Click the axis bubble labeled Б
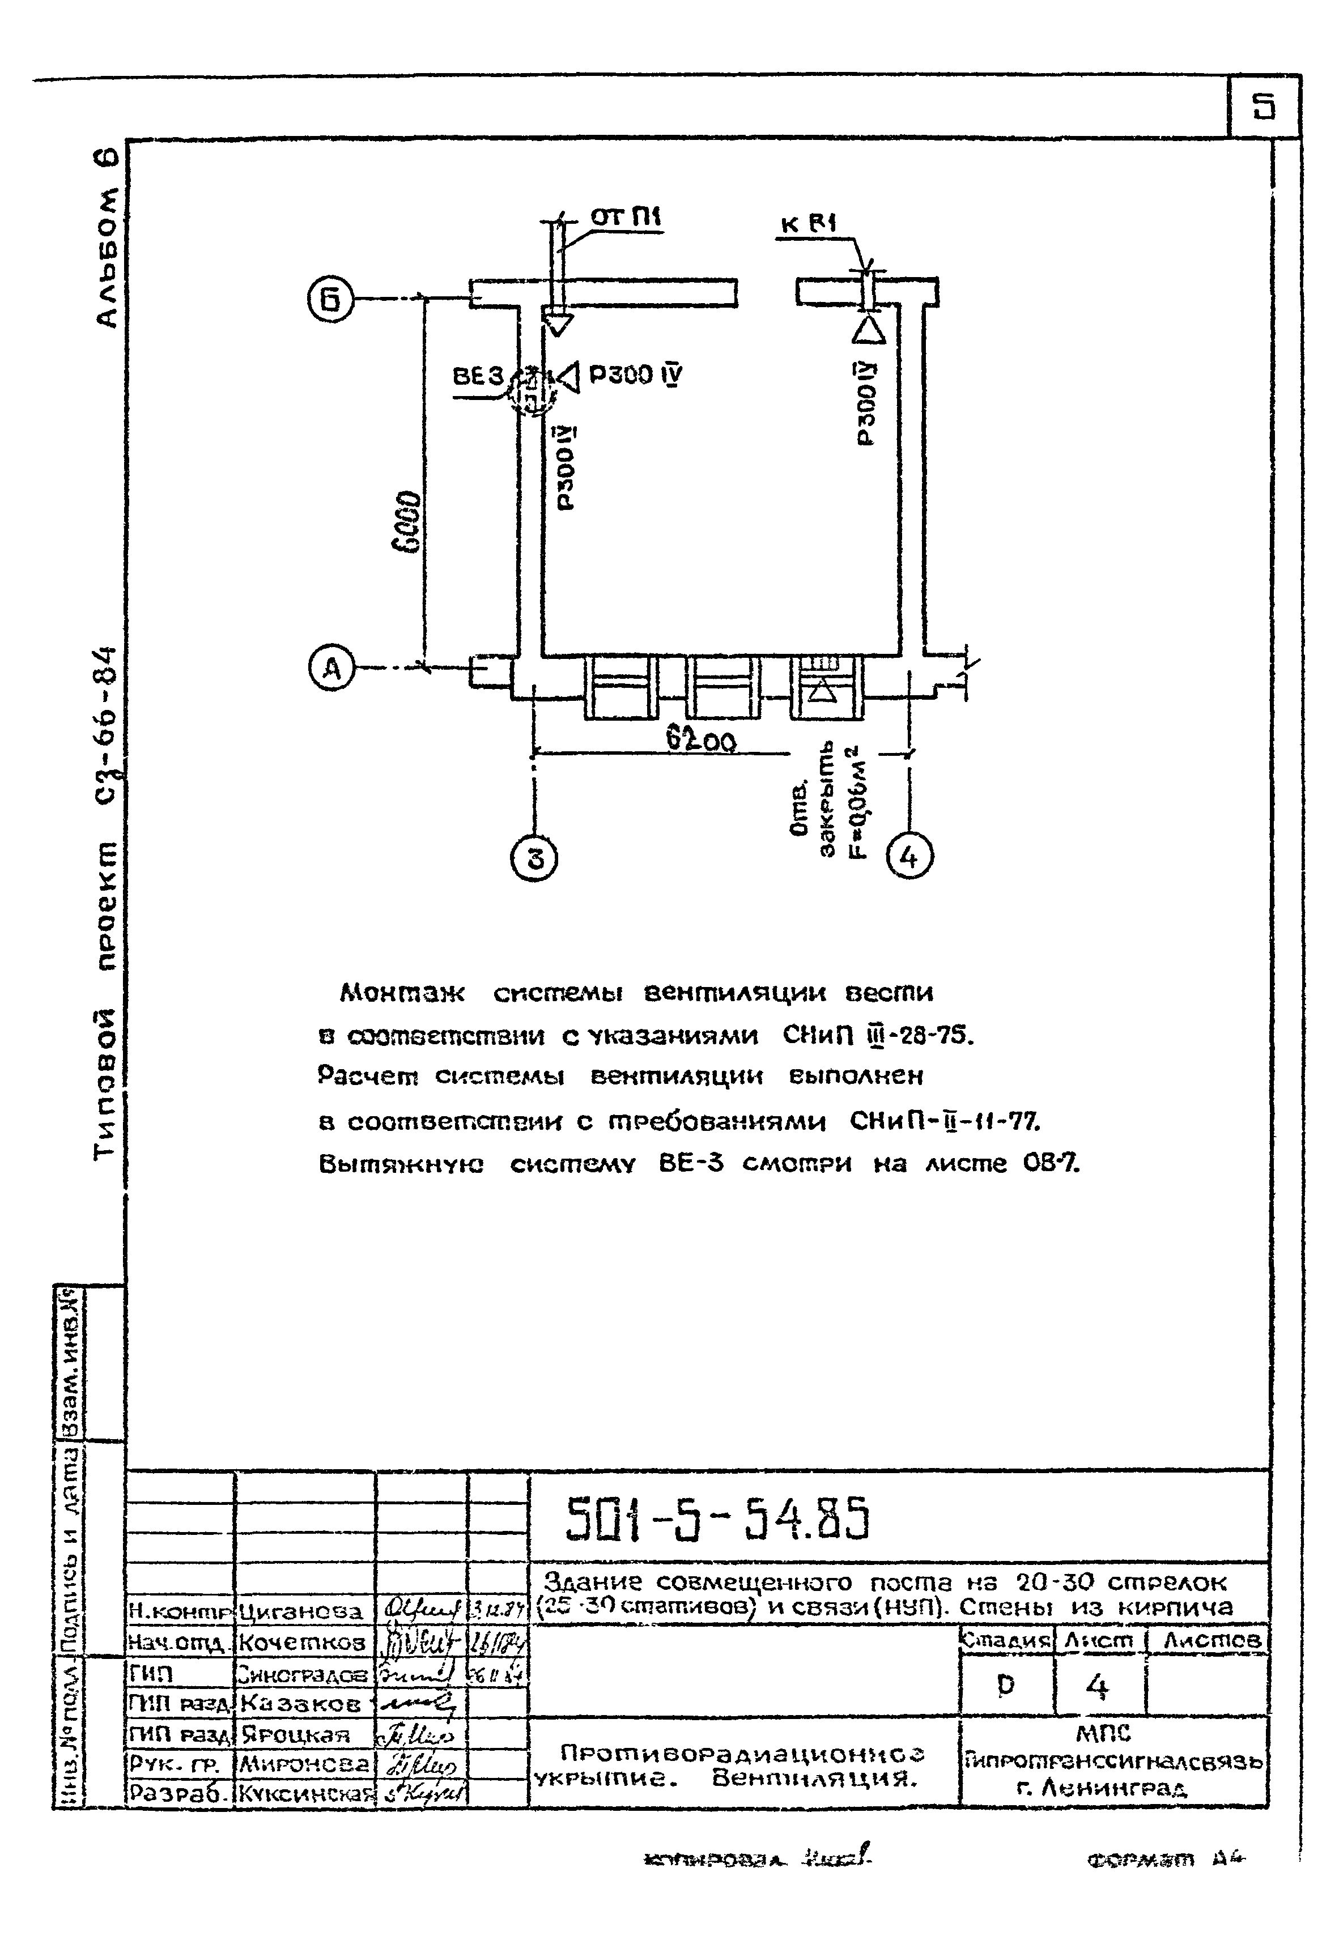tap(330, 299)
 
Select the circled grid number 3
tap(534, 859)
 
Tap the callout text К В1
tap(808, 224)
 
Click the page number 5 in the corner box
tap(1264, 107)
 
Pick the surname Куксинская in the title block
tap(305, 1793)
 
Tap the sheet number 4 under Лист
tap(1098, 1687)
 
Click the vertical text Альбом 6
tap(107, 239)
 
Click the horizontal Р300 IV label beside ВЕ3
tap(635, 375)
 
